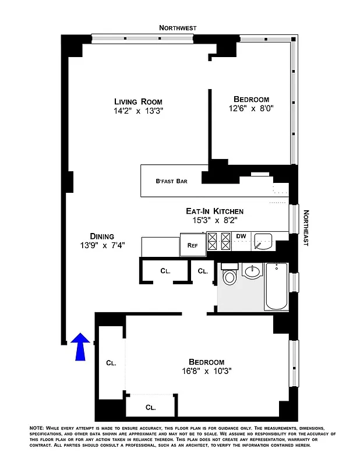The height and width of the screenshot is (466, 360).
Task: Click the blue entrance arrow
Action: click(81, 345)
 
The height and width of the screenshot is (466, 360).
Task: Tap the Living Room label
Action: click(138, 101)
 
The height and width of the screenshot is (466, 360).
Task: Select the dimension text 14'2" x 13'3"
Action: click(138, 112)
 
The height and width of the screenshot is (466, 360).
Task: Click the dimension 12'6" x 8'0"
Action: click(251, 108)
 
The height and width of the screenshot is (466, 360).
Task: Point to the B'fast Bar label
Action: click(171, 181)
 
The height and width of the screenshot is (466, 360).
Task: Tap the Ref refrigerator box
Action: click(192, 245)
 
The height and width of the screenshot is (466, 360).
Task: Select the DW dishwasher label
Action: click(241, 236)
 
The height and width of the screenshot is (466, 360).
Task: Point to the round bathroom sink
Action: click(253, 272)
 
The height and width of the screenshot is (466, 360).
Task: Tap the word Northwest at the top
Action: click(179, 27)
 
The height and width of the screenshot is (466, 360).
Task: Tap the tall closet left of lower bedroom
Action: click(111, 362)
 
